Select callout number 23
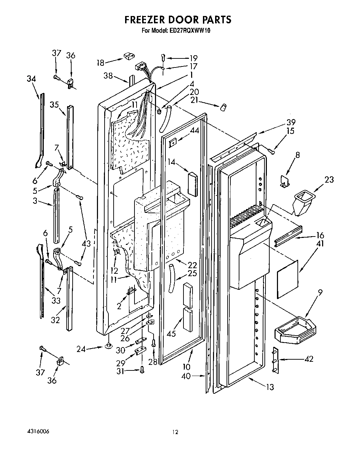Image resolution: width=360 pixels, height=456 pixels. pos(329,179)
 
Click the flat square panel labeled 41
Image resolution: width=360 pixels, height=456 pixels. pos(288,278)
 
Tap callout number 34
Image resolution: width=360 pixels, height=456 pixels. pos(31,79)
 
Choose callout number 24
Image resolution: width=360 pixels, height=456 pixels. pos(81,349)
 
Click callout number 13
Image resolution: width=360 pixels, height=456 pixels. pos(270,387)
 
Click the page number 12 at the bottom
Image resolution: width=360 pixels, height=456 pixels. pos(175,432)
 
